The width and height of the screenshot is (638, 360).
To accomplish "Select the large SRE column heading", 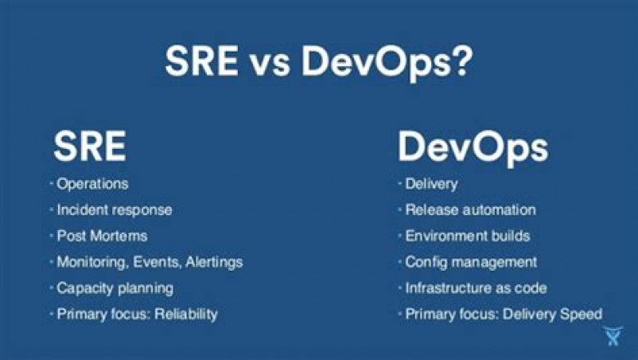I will click(90, 147).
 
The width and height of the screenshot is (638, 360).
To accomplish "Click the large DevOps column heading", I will click(473, 147).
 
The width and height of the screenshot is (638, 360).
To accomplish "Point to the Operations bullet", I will click(92, 184).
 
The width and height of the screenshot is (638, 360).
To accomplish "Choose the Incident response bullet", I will click(115, 209).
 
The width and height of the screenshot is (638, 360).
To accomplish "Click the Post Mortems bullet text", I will click(102, 236).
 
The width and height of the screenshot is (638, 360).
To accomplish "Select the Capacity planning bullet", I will click(115, 288).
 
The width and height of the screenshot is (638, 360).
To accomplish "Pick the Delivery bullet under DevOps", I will click(431, 184).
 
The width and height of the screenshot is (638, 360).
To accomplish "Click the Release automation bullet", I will click(470, 209).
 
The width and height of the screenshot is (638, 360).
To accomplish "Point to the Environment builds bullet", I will click(468, 236).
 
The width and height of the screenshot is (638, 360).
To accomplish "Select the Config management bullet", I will click(471, 262).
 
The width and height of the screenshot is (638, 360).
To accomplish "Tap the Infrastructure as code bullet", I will click(476, 288).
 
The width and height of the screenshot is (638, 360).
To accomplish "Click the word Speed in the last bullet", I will click(584, 313).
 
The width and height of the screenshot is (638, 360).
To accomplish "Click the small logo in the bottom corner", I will click(613, 336).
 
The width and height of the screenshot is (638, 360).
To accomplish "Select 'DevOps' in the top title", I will click(368, 61).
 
